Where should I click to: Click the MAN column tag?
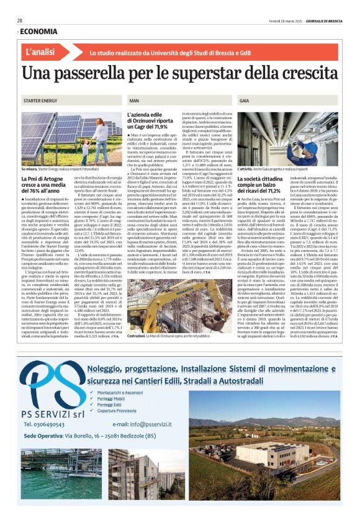pyautogui.click(x=134, y=100)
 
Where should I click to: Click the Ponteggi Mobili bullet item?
pyautogui.click(x=112, y=398)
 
